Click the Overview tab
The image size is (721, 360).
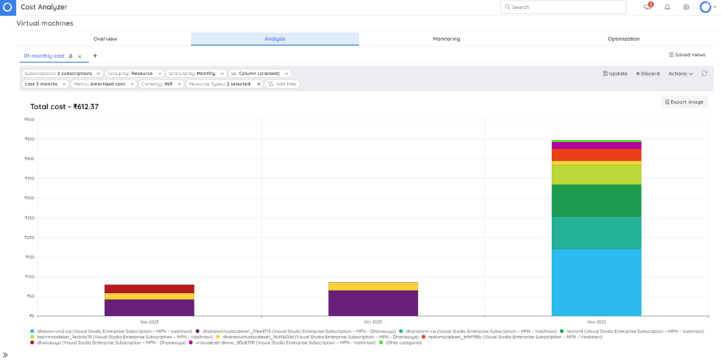click(105, 39)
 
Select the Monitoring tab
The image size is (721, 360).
click(446, 39)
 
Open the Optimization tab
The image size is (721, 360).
click(623, 39)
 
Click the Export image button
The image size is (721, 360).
click(684, 102)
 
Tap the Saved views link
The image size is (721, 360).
click(686, 55)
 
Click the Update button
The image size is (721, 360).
click(615, 73)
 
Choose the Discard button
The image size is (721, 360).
click(648, 73)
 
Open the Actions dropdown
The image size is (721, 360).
click(680, 73)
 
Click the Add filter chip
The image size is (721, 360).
click(282, 84)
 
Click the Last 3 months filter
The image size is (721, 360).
click(44, 84)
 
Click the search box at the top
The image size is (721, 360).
click(563, 7)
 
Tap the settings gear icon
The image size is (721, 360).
click(686, 7)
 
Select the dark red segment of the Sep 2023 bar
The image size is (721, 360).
click(149, 289)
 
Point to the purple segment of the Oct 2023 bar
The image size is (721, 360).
click(372, 303)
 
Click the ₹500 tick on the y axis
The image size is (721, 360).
click(29, 119)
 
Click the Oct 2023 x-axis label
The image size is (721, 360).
click(372, 321)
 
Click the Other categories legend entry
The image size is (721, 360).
click(403, 342)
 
